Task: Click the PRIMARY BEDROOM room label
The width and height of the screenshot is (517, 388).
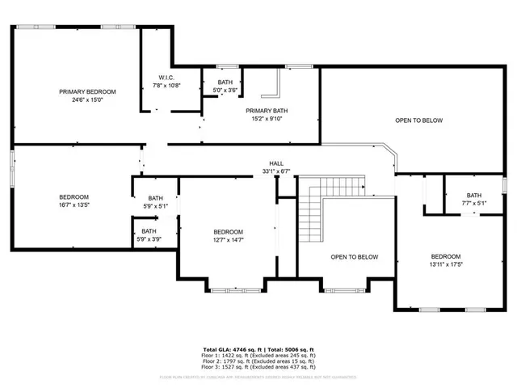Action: coord(87,91)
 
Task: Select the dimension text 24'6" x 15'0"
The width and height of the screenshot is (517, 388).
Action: coord(87,99)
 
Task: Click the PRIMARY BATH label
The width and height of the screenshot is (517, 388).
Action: coord(268,110)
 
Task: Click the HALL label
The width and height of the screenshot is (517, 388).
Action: coord(275,163)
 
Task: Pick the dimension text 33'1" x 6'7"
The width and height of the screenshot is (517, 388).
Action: coord(275,171)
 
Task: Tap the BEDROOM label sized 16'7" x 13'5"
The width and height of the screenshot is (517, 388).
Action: coord(74,196)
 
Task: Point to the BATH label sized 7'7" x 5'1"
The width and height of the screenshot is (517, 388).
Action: coord(473,195)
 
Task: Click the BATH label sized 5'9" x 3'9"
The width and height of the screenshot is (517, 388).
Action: coord(149,232)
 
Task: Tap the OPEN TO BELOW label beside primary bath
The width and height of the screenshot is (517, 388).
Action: coord(418,120)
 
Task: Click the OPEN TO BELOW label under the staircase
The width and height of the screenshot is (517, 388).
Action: coord(355,257)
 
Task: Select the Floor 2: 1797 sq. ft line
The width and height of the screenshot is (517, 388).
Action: coord(258,361)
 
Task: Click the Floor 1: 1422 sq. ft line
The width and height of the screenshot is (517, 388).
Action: coord(258,355)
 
